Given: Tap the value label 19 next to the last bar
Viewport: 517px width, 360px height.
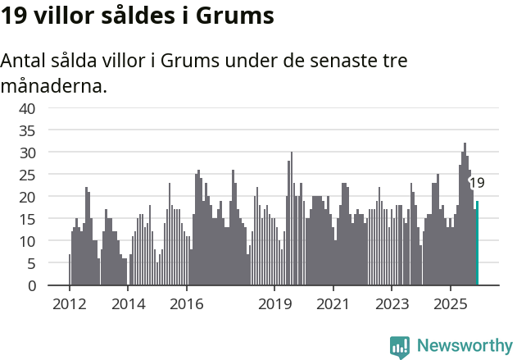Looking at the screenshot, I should [x=477, y=183].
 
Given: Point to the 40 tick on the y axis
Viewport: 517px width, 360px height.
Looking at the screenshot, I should [x=28, y=108].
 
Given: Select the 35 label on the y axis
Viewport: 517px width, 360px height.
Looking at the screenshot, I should [x=28, y=130].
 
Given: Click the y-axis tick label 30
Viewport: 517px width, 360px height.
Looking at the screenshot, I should [x=28, y=153].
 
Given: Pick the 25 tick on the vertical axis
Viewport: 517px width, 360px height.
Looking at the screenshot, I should [x=28, y=175].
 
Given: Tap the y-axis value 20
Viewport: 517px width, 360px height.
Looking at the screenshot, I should [x=28, y=197].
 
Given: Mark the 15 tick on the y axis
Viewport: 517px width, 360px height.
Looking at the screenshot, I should [x=28, y=219].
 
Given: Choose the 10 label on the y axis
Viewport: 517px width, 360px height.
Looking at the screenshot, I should [x=28, y=241].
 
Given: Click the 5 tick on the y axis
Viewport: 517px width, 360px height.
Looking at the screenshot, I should [x=32, y=263].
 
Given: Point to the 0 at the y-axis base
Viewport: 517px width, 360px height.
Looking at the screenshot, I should [x=32, y=285].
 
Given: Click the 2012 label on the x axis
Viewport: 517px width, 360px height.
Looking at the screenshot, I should [x=69, y=304].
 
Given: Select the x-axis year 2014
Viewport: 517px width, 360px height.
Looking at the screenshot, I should [x=128, y=304].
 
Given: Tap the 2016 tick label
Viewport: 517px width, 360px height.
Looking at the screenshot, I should [x=187, y=304].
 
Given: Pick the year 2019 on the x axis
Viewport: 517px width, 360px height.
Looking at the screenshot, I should [x=274, y=304].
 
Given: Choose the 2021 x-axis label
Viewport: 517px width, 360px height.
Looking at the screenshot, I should [x=333, y=304].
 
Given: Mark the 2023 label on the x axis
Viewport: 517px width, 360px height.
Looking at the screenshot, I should [x=392, y=304].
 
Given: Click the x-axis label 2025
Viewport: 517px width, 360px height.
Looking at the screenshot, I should [x=451, y=304].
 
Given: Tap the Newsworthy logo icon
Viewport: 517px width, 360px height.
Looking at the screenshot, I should [x=400, y=348].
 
